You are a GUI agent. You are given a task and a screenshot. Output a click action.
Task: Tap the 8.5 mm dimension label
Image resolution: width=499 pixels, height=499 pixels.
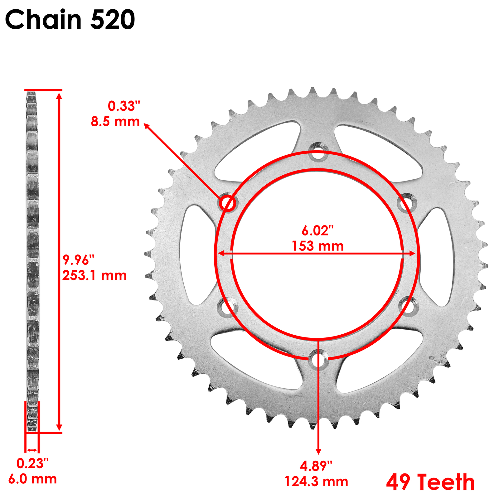pyautogui.click(x=115, y=122)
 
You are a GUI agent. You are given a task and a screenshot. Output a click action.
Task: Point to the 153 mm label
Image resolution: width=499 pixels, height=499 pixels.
pyautogui.click(x=317, y=246)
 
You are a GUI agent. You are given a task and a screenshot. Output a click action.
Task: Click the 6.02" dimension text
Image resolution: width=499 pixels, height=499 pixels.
pyautogui.click(x=317, y=230)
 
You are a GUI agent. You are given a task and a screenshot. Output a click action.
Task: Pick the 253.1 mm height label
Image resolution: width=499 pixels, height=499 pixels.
pyautogui.click(x=94, y=276)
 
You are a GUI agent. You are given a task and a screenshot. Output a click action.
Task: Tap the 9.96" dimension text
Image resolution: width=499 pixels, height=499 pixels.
pyautogui.click(x=78, y=259)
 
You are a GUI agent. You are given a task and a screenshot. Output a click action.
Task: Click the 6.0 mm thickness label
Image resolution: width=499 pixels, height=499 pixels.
pyautogui.click(x=32, y=479)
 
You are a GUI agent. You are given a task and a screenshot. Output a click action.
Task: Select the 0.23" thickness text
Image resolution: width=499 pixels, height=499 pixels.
pyautogui.click(x=32, y=464)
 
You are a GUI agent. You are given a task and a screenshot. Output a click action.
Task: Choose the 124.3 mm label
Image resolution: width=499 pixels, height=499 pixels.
pyautogui.click(x=316, y=482)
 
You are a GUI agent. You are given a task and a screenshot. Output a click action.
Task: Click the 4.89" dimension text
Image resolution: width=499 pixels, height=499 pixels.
pyautogui.click(x=316, y=466)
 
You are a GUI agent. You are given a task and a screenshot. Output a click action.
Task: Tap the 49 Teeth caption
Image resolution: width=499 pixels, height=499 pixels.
pyautogui.click(x=430, y=482)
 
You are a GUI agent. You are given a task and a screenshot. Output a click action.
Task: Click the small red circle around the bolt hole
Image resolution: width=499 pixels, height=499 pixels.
pyautogui.click(x=227, y=203)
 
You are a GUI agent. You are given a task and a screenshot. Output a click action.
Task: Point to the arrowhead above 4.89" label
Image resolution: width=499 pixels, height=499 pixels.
pyautogui.click(x=318, y=451)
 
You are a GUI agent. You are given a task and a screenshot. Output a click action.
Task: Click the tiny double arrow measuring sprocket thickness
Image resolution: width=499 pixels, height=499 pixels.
pyautogui.click(x=32, y=450)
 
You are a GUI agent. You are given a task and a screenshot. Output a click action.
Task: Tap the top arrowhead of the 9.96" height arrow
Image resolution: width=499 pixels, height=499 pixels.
pyautogui.click(x=59, y=95)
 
